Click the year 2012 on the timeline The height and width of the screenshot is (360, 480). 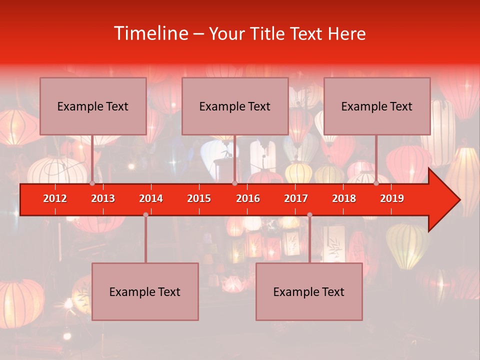click(x=55, y=198)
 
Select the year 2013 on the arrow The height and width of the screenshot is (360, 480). click(x=103, y=198)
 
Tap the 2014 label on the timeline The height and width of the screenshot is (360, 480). click(x=151, y=198)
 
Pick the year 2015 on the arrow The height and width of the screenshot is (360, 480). click(x=199, y=198)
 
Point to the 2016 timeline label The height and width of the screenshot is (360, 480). click(x=248, y=198)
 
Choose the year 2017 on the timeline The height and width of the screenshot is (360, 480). click(x=296, y=198)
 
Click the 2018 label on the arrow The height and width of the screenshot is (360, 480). click(x=344, y=198)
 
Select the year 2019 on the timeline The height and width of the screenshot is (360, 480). click(x=392, y=198)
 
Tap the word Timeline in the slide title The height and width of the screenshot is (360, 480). click(x=149, y=33)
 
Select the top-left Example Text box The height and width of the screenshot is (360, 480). click(x=93, y=106)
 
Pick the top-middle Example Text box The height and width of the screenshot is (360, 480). click(x=235, y=106)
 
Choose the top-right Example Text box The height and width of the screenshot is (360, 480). click(x=377, y=106)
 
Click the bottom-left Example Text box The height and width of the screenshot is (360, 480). click(x=145, y=291)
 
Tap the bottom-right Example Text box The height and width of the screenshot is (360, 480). click(x=309, y=291)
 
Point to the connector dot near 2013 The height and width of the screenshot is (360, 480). click(x=92, y=183)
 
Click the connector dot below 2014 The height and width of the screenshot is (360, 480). click(x=145, y=214)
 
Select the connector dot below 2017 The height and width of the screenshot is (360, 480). click(x=309, y=214)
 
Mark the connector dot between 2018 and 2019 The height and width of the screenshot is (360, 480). click(x=376, y=183)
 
